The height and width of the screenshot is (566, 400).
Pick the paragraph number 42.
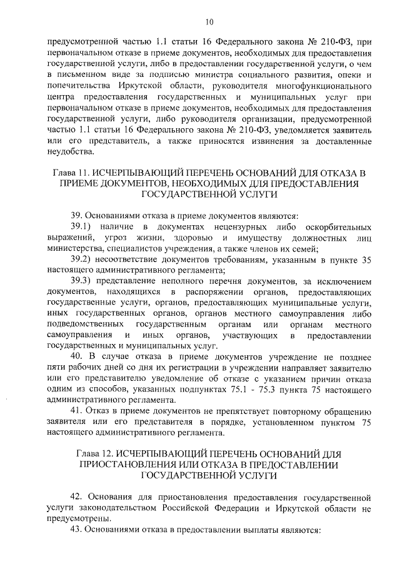click(x=77, y=498)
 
